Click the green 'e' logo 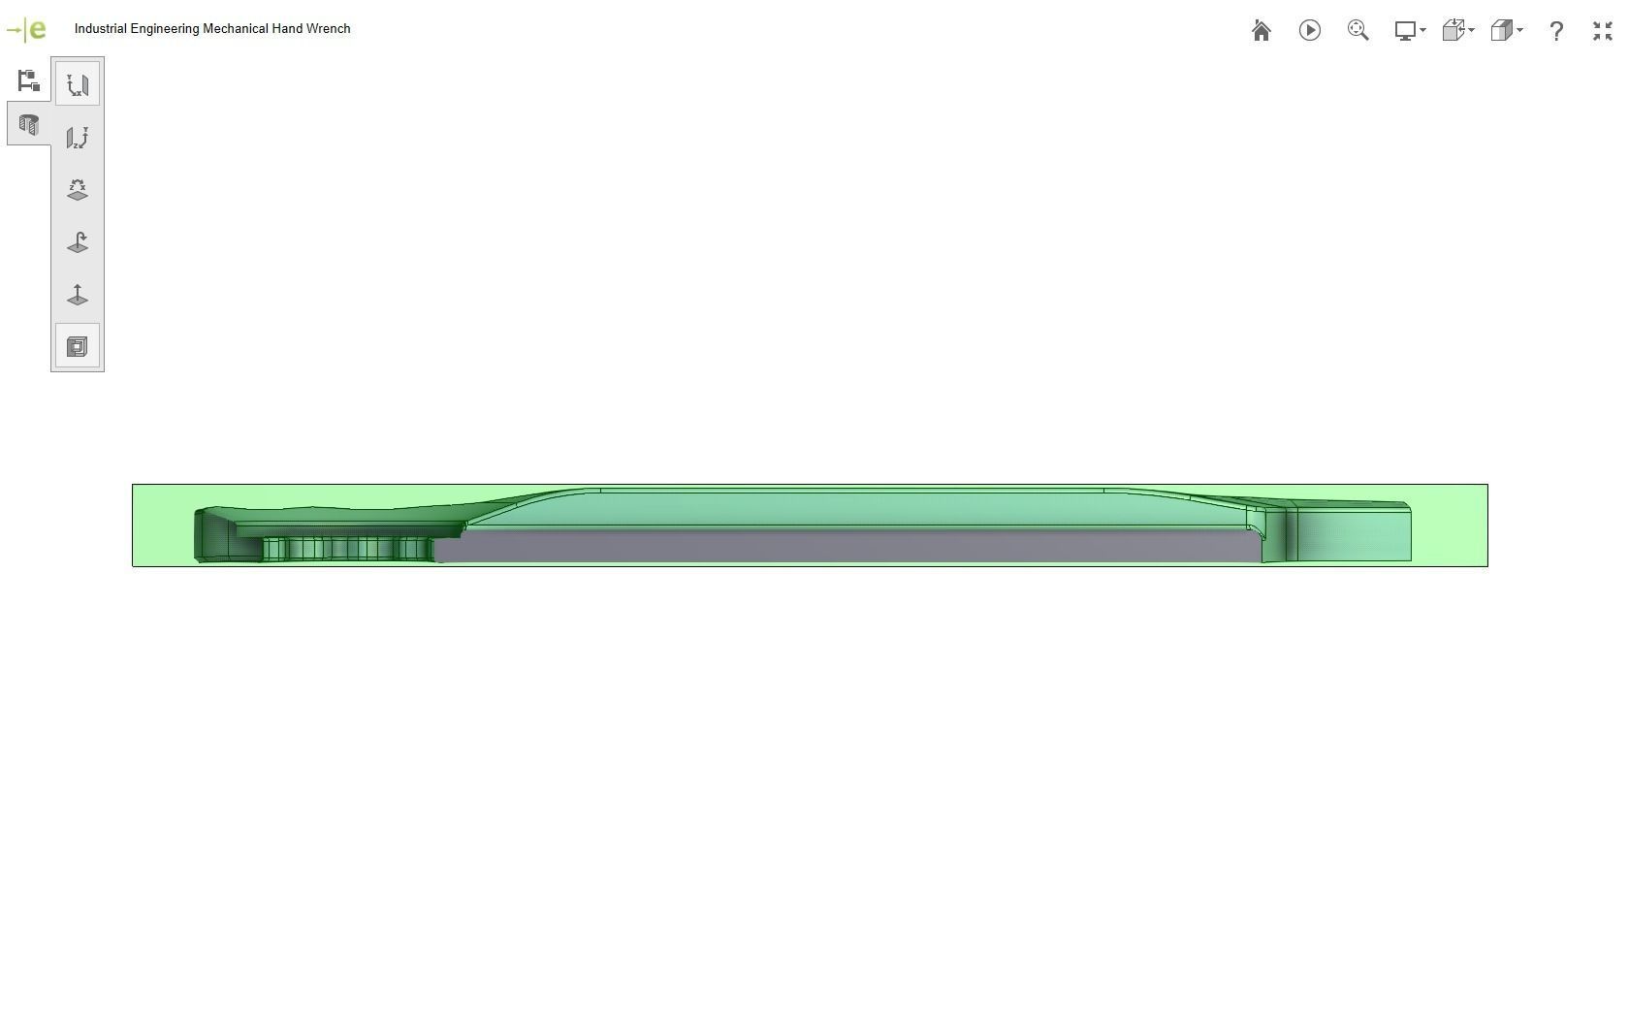(x=36, y=29)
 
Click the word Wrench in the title (x=329, y=29)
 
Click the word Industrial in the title (x=100, y=29)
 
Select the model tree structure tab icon (x=28, y=80)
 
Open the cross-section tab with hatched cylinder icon (x=28, y=125)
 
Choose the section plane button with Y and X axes (x=78, y=85)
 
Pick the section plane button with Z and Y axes (x=78, y=138)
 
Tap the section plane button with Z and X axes (x=78, y=190)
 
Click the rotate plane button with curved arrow (x=78, y=242)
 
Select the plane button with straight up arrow (x=78, y=295)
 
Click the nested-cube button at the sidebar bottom (x=78, y=346)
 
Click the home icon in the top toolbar (x=1262, y=31)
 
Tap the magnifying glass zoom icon (x=1357, y=31)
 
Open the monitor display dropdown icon (x=1409, y=31)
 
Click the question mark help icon (x=1556, y=31)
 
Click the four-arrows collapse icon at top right (x=1603, y=31)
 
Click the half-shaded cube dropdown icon (x=1505, y=31)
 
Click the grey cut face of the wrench (x=844, y=545)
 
